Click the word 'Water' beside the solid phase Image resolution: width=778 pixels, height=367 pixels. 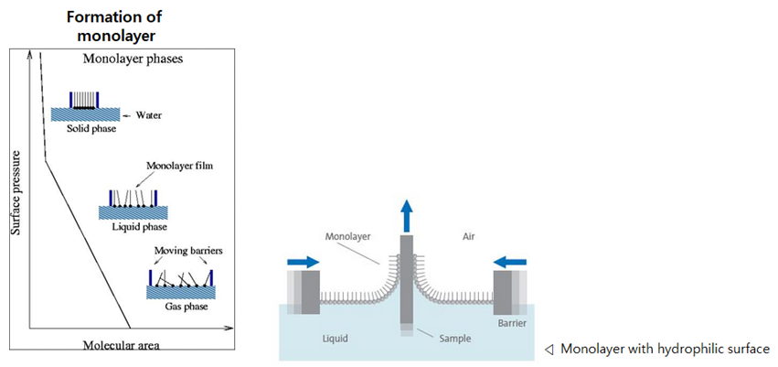[x=148, y=115]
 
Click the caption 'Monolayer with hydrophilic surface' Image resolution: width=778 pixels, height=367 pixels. [x=665, y=349]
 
